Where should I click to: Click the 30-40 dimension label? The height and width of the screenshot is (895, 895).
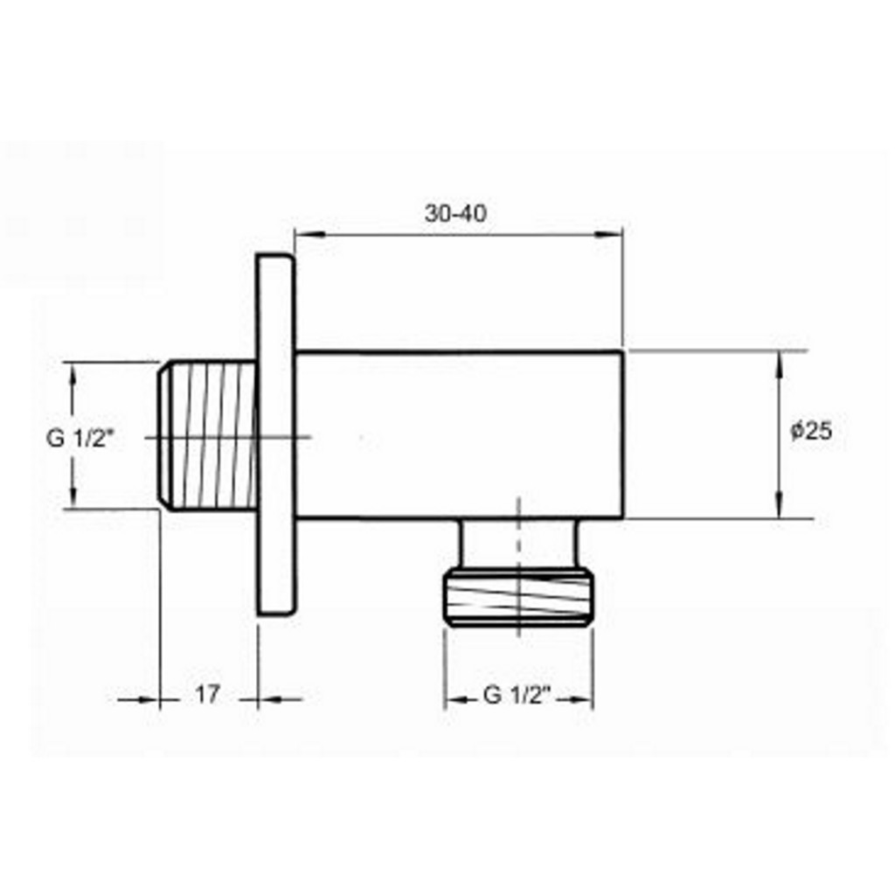coord(455,213)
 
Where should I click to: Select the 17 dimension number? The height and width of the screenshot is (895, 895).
coord(207,695)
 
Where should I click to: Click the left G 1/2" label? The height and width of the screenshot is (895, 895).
coord(81,438)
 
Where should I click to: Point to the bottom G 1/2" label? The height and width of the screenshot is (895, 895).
coord(517,696)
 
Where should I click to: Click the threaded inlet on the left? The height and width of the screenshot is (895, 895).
coord(207,434)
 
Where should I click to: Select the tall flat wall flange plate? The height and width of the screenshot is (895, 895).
coord(276,434)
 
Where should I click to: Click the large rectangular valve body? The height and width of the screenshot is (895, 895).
coord(459,434)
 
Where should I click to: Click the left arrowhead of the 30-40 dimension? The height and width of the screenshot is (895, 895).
coord(308,234)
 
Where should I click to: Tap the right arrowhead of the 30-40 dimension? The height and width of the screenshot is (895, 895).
coord(610,234)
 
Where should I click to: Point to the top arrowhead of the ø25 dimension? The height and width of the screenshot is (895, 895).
coord(780,361)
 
